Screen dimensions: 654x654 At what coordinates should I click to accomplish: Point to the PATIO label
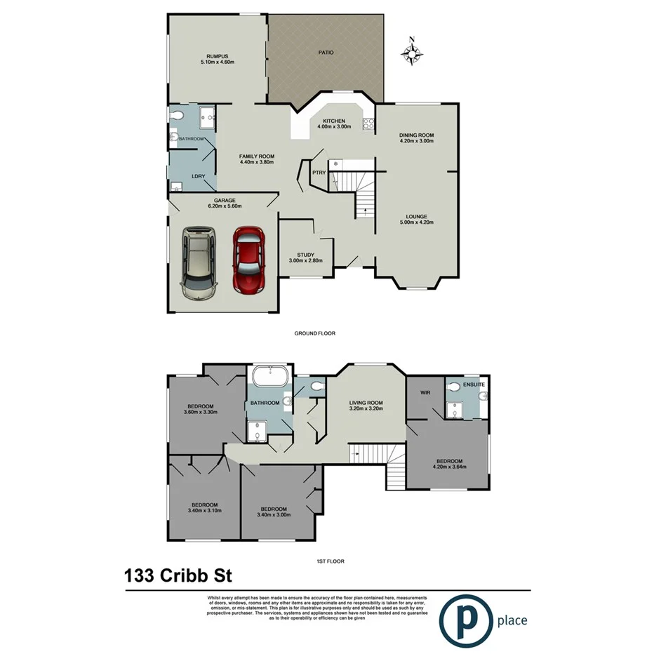coord(326,52)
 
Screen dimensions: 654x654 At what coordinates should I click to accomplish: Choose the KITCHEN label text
coord(334,121)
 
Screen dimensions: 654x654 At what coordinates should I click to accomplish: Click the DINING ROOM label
coord(417,135)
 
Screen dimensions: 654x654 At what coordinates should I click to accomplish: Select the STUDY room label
coord(305,255)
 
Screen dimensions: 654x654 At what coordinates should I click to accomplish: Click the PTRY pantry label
coord(318,171)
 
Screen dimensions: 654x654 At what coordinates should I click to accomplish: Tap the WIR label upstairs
coord(425,392)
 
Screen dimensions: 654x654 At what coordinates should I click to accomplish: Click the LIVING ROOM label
coord(366,403)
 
